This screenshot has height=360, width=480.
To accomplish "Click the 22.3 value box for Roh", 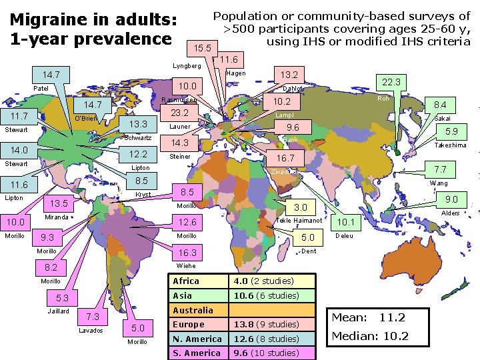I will click(x=391, y=81).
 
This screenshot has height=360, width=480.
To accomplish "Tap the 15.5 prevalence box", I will click(x=202, y=48).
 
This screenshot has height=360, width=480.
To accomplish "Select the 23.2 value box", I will click(x=181, y=113).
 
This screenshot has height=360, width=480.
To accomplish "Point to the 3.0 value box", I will click(x=301, y=207).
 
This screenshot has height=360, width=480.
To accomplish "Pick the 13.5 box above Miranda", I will click(x=59, y=203).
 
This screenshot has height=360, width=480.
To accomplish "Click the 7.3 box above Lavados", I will click(x=93, y=316).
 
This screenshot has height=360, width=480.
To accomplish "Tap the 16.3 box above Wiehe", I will click(x=187, y=253).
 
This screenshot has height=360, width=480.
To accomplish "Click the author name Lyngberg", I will click(x=187, y=66).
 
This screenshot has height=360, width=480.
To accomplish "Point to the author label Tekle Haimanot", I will click(x=299, y=221).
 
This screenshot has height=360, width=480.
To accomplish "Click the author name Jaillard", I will click(x=59, y=311).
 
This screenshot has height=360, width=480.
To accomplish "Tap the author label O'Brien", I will click(x=86, y=119).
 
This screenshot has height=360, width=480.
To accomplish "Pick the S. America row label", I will click(x=196, y=353).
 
